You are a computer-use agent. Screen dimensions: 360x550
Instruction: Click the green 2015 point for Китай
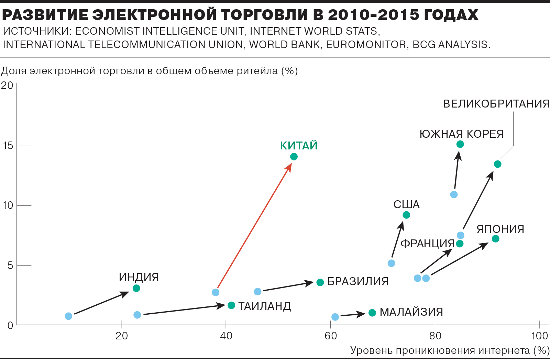coord(294,157)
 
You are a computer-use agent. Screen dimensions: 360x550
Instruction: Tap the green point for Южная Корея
coord(460,144)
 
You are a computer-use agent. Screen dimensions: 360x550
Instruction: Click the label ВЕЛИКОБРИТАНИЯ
coord(496,104)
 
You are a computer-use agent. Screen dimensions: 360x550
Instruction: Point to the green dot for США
coord(406,215)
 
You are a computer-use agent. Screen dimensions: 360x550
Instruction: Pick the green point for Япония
coord(495,239)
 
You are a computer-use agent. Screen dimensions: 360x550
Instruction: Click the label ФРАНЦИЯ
coord(428,244)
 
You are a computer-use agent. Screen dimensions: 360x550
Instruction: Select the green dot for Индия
coord(136,288)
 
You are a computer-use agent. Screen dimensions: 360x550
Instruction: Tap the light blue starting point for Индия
coord(69,316)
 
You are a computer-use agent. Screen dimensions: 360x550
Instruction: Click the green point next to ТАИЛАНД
coord(231,305)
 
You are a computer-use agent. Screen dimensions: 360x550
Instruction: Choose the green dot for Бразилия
coord(320,282)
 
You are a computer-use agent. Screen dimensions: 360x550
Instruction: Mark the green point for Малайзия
coord(372,313)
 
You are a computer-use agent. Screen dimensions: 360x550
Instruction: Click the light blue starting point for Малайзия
coord(335,317)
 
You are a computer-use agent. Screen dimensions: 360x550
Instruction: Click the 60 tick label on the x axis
coord(331,336)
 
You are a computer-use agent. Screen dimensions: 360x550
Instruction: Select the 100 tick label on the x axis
coord(539,336)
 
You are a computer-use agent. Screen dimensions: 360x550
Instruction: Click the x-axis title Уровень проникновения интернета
coord(440,350)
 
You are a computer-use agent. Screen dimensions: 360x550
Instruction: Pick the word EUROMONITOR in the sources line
coord(366,45)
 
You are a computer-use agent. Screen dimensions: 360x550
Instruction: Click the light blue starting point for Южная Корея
coord(454,195)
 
